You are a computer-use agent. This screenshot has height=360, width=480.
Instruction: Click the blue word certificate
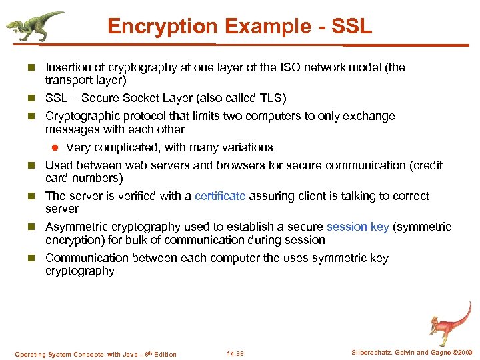click(220, 196)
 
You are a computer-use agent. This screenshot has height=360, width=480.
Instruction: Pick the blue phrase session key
click(357, 227)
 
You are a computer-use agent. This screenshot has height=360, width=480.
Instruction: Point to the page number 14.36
click(235, 354)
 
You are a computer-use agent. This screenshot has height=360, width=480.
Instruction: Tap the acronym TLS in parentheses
click(271, 99)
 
